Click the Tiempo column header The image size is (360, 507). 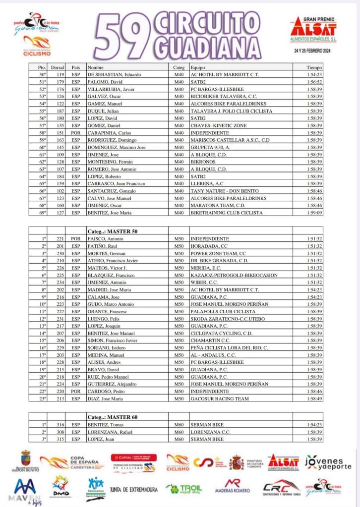point(314,67)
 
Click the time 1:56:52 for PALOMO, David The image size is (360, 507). point(314,82)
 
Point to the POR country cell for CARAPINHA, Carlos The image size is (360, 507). point(76,133)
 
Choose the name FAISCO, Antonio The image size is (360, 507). point(107,238)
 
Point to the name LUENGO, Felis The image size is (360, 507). point(104,318)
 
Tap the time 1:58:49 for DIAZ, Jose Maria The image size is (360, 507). point(314,398)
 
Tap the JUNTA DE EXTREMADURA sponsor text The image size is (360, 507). point(134,490)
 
